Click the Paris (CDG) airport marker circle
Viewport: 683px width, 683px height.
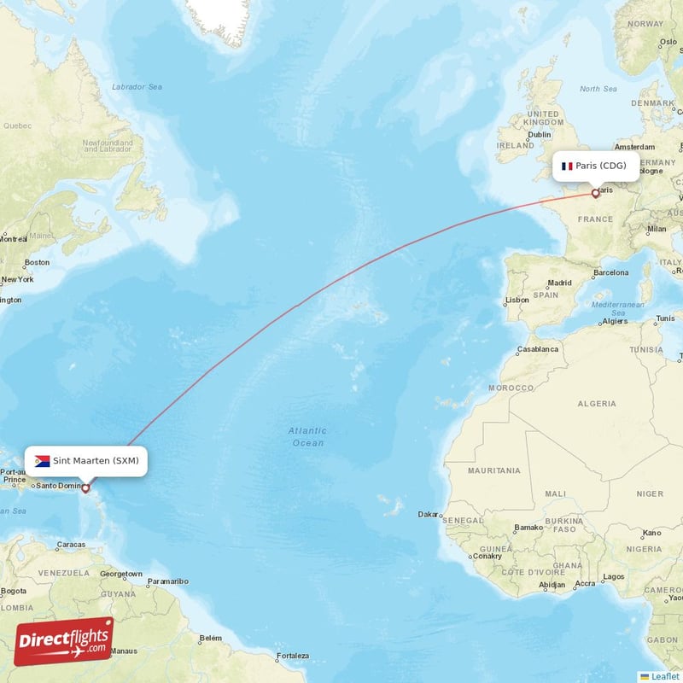595,194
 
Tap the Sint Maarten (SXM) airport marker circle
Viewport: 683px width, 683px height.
85,488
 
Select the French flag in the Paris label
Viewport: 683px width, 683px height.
567,166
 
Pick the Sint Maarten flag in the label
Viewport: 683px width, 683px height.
42,461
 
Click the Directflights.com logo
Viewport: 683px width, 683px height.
63,641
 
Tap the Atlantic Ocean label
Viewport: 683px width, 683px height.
306,437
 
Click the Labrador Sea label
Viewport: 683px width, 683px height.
137,87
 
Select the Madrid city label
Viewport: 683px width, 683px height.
560,283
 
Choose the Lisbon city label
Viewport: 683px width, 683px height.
517,301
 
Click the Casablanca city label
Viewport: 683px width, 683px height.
537,349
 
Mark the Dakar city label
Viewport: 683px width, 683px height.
428,515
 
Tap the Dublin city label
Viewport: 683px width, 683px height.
540,134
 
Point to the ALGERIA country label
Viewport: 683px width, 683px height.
597,403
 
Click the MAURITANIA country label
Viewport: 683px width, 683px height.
494,470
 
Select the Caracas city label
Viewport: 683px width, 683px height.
71,544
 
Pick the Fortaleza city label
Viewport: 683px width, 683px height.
292,656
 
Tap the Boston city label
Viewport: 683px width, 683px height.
37,262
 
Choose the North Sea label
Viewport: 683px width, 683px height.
598,89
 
